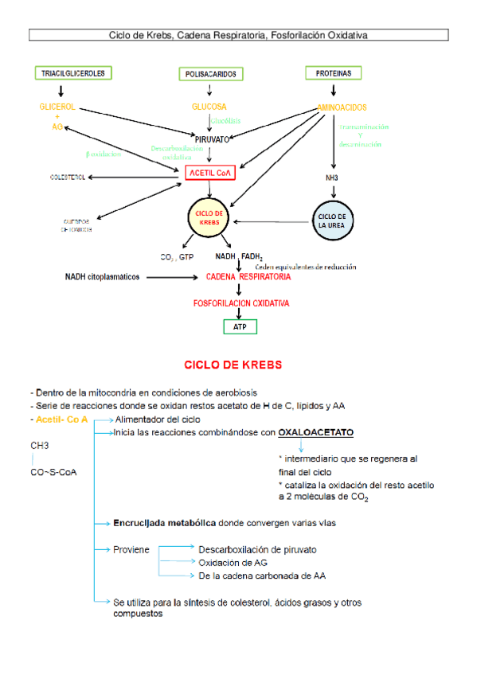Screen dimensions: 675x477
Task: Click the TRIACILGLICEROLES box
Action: point(73,73)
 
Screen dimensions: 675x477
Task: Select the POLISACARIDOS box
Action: point(210,74)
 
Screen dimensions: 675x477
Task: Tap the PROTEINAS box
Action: point(333,73)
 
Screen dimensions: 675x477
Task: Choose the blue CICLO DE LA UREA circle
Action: point(331,220)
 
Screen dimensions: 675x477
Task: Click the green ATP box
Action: point(240,326)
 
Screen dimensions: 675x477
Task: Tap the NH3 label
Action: point(331,178)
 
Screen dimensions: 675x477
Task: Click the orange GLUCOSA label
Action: point(209,107)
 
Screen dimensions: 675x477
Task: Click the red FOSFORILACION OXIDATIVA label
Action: point(241,303)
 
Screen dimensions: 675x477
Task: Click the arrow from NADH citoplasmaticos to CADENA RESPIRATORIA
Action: point(172,277)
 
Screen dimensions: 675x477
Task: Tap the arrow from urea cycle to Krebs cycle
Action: point(270,221)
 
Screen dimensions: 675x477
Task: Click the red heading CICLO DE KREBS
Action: point(233,365)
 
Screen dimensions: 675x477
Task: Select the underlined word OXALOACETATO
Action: point(315,432)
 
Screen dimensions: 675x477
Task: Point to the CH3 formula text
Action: point(39,446)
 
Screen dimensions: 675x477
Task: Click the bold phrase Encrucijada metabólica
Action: point(165,524)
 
